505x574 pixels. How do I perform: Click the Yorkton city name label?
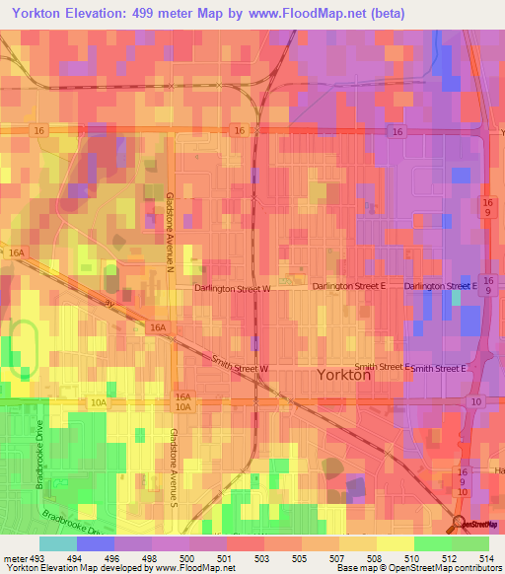coord(343,376)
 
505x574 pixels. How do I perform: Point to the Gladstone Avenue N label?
coord(170,232)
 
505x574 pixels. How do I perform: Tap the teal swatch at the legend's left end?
coord(58,543)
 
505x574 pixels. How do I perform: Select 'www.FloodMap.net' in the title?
coord(307,13)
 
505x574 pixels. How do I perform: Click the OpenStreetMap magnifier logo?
coord(458,523)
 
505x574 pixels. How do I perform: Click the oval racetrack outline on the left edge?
coord(24,350)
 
